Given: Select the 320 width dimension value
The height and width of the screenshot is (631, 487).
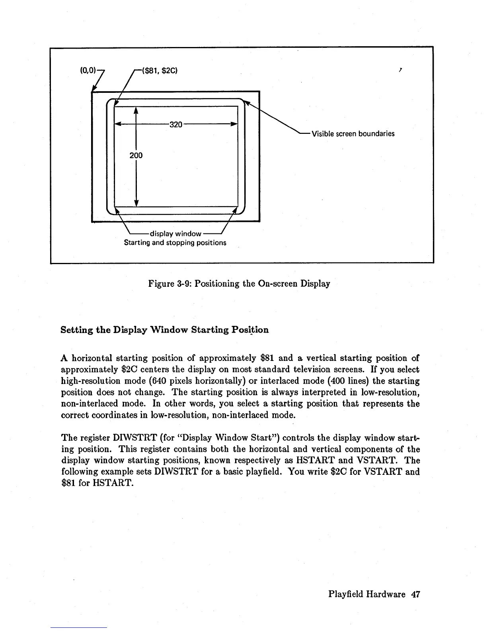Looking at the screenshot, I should click(175, 125).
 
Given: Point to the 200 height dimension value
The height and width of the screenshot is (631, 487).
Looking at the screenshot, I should click(136, 155).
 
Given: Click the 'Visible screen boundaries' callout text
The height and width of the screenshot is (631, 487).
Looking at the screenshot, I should click(353, 134).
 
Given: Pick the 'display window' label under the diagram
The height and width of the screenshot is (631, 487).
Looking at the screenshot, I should click(175, 234).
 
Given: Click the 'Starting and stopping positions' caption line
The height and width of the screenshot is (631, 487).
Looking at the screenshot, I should click(175, 243).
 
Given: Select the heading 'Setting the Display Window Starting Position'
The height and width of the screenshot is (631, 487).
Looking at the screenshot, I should click(164, 330).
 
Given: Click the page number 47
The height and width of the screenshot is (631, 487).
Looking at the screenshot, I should click(416, 595).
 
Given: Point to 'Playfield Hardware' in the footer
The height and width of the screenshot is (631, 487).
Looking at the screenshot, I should click(367, 595).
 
